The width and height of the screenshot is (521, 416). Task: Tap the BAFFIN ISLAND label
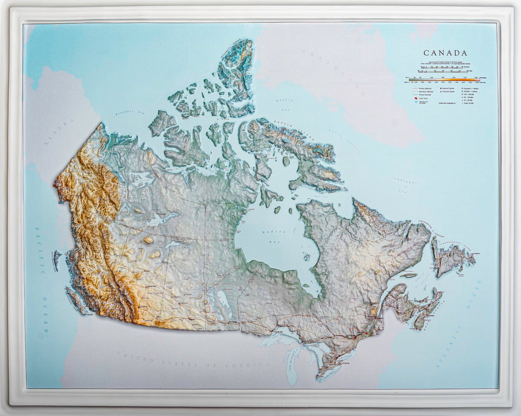coord(285,127)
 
